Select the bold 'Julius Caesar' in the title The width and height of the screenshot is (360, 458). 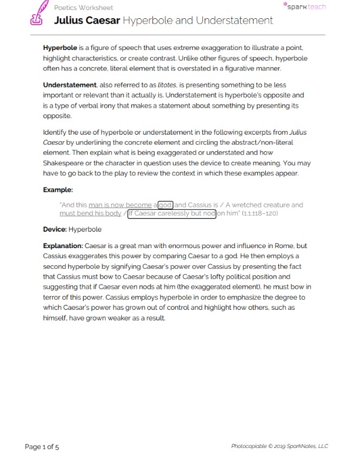(x=87, y=21)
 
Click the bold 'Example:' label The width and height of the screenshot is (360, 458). (x=58, y=190)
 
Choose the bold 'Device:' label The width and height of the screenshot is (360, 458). (x=55, y=229)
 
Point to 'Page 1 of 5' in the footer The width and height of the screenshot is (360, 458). (x=42, y=446)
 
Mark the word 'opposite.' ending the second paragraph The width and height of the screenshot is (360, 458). (x=57, y=116)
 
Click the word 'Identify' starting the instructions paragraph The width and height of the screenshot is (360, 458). (x=55, y=132)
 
